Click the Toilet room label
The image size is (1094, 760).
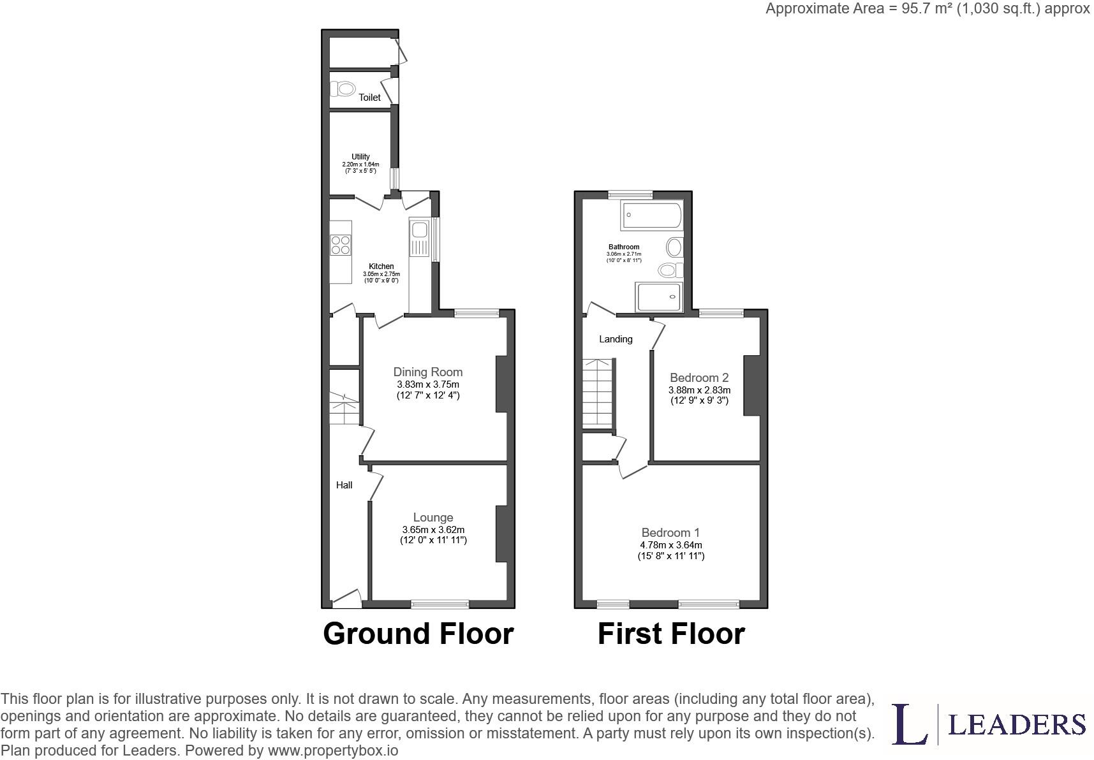click(x=370, y=98)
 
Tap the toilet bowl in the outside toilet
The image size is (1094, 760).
click(x=343, y=89)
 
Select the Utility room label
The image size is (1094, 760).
click(x=360, y=157)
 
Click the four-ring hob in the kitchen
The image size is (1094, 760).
click(x=341, y=245)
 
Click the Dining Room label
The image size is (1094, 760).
click(x=428, y=372)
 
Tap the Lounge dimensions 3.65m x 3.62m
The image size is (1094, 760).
click(x=433, y=530)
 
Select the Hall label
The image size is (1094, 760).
click(x=344, y=485)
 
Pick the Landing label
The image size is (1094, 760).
click(x=616, y=339)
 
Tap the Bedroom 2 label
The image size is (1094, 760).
click(x=699, y=378)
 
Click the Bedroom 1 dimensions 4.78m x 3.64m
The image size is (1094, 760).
click(x=671, y=545)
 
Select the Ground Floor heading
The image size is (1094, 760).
click(x=418, y=634)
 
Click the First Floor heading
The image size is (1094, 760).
click(x=671, y=634)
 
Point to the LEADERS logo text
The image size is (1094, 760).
click(x=1017, y=724)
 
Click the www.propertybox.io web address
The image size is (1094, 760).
click(x=333, y=750)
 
